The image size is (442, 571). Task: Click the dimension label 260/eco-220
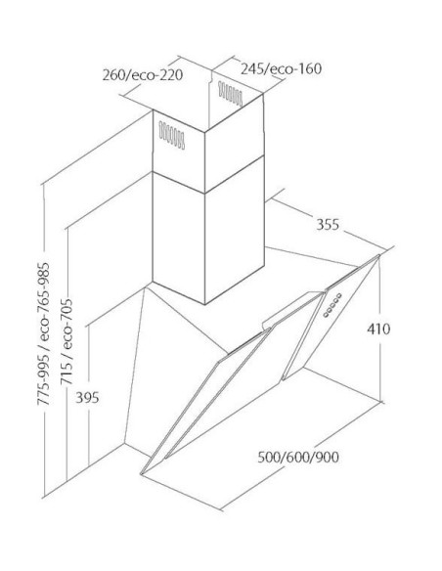coord(143,75)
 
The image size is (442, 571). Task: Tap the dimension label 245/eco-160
coord(281,68)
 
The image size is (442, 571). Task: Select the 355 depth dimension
coord(328,224)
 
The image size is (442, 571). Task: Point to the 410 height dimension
coord(378,329)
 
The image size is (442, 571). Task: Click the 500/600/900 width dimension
coord(298,457)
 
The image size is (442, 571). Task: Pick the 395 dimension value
coord(87,398)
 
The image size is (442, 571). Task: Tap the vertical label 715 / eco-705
coord(66,341)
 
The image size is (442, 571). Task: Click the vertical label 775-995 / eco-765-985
coord(43,333)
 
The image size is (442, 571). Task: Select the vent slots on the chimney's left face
coord(172,136)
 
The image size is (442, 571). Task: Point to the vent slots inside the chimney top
coord(230,94)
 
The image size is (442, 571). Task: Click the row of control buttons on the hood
coord(332,305)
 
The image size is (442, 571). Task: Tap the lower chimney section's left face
coord(178,238)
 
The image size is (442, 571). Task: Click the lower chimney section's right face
coord(234,230)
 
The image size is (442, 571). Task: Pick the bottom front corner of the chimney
coord(205,304)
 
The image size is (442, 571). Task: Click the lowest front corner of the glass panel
coord(141,474)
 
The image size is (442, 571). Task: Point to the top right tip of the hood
coord(378,255)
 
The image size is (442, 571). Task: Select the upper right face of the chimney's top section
coord(234,144)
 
